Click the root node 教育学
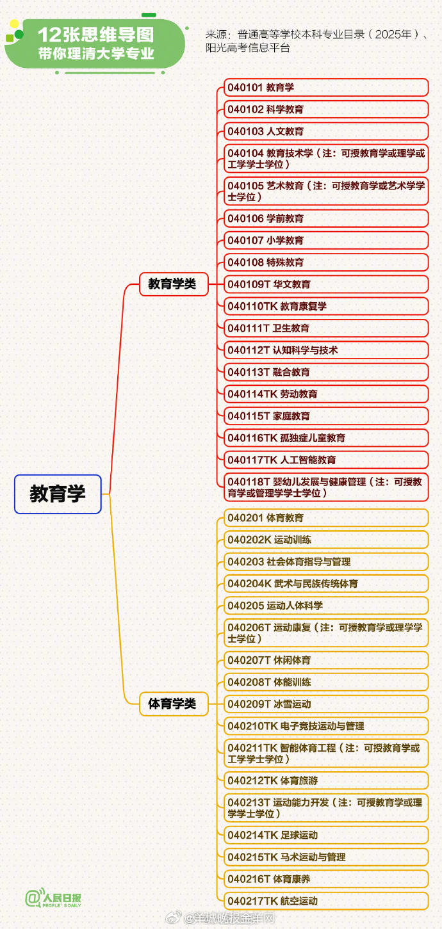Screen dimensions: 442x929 click(58, 494)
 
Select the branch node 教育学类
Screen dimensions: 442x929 click(174, 284)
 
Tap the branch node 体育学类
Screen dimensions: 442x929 click(174, 704)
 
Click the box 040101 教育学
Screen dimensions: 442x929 click(326, 88)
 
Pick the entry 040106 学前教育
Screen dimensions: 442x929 click(326, 218)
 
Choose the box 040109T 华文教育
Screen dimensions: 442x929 click(326, 284)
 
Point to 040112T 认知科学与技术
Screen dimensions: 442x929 click(326, 350)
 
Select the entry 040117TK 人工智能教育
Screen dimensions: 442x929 click(326, 460)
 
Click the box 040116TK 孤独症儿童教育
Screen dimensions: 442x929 click(326, 438)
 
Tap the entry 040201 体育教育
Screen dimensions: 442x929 click(326, 517)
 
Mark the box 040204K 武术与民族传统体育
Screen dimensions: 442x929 click(326, 583)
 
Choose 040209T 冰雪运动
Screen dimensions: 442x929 click(326, 704)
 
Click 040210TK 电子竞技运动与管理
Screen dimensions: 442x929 click(326, 726)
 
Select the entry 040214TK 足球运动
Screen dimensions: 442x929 click(326, 835)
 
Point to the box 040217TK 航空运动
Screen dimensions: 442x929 click(326, 901)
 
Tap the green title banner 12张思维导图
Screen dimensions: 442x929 click(95, 44)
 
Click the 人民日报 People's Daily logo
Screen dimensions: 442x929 click(53, 898)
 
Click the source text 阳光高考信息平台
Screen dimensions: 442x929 click(248, 47)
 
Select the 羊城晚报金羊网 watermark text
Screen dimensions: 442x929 click(229, 918)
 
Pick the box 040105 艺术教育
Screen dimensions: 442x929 click(326, 191)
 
